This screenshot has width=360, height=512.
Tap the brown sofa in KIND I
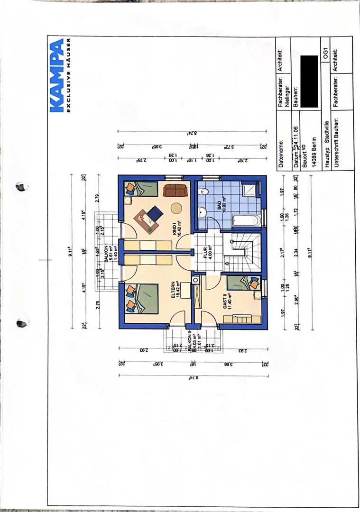click(x=175, y=190)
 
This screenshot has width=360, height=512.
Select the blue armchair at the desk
click(x=155, y=213)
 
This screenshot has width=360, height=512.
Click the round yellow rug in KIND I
click(x=176, y=209)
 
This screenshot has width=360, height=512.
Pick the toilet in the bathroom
click(x=205, y=192)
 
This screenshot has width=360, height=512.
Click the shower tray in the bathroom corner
click(x=250, y=191)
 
